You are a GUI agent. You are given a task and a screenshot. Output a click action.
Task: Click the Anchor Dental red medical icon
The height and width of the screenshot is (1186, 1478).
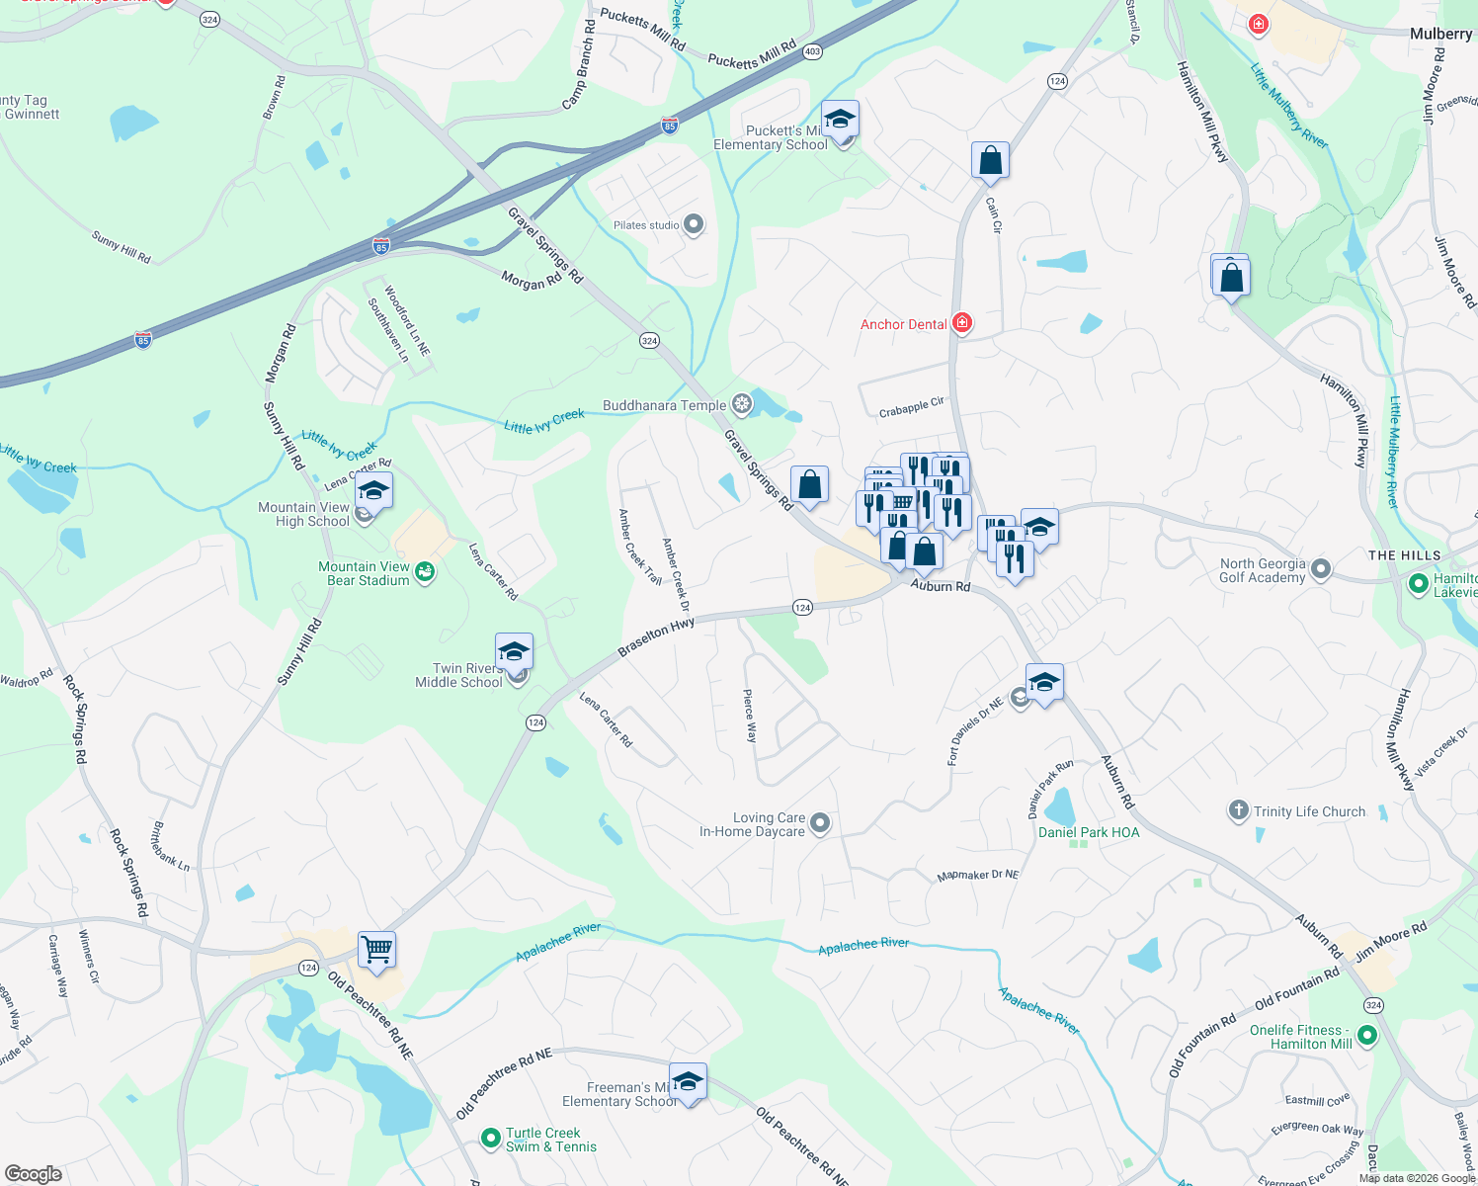(962, 323)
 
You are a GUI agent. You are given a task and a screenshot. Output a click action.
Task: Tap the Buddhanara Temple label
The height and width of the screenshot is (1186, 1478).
(664, 405)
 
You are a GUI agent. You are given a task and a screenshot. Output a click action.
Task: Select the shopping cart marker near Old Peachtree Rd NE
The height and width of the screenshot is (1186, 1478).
(376, 949)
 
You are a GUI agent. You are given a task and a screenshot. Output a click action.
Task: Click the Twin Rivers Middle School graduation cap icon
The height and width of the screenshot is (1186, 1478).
(514, 651)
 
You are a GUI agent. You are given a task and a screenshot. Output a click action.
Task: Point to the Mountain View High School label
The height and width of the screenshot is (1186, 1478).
(303, 514)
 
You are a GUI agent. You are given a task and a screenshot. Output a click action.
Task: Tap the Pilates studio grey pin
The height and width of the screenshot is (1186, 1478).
(694, 224)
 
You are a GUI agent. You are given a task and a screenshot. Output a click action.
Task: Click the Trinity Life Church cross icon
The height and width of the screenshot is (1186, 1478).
(1238, 811)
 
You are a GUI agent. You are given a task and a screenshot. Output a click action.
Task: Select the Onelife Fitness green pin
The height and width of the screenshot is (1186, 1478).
(1367, 1036)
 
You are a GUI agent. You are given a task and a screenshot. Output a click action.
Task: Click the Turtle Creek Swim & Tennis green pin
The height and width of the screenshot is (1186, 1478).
(490, 1140)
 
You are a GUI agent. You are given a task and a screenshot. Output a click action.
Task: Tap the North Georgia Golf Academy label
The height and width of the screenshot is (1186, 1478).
(1262, 570)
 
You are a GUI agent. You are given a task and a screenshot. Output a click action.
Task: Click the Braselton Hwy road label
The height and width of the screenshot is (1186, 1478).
(656, 637)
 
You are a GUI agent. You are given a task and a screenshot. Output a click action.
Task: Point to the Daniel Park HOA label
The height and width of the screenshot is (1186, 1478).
(1089, 832)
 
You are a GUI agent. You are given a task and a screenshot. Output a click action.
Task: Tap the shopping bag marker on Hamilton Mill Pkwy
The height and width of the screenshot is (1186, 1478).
(1231, 277)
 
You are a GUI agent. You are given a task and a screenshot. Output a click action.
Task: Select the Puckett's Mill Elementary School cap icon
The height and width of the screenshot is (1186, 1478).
(839, 120)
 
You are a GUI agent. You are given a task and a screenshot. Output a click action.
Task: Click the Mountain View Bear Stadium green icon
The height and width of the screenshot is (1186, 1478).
(425, 572)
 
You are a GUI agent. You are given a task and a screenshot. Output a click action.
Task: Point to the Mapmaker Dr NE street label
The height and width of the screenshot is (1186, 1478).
(977, 875)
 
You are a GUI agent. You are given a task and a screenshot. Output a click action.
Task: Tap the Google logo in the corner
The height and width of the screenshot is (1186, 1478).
(33, 1173)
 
